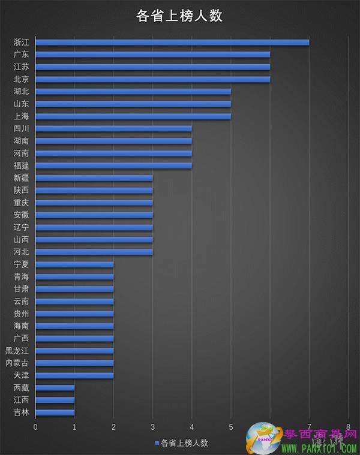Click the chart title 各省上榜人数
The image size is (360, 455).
pyautogui.click(x=179, y=16)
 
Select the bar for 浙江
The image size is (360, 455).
pyautogui.click(x=172, y=42)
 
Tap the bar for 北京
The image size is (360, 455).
pyautogui.click(x=152, y=79)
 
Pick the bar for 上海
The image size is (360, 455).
pyautogui.click(x=133, y=116)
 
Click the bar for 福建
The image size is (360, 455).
pyautogui.click(x=113, y=165)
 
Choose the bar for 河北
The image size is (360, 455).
pyautogui.click(x=94, y=252)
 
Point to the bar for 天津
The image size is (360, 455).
pyautogui.click(x=74, y=375)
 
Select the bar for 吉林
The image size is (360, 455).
pyautogui.click(x=55, y=412)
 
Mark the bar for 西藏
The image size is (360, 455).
pyautogui.click(x=55, y=388)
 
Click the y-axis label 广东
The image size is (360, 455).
pyautogui.click(x=21, y=55)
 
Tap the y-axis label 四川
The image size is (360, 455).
pyautogui.click(x=21, y=128)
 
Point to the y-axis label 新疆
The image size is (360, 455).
pyautogui.click(x=21, y=177)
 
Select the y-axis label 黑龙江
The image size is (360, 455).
pyautogui.click(x=17, y=351)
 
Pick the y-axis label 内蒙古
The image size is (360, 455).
pyautogui.click(x=17, y=363)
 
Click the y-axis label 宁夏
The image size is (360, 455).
pyautogui.click(x=21, y=264)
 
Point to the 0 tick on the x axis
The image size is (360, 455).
pyautogui.click(x=35, y=427)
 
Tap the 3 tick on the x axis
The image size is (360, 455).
pyautogui.click(x=152, y=427)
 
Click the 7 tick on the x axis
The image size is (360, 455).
pyautogui.click(x=309, y=427)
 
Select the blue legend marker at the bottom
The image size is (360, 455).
pyautogui.click(x=158, y=443)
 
